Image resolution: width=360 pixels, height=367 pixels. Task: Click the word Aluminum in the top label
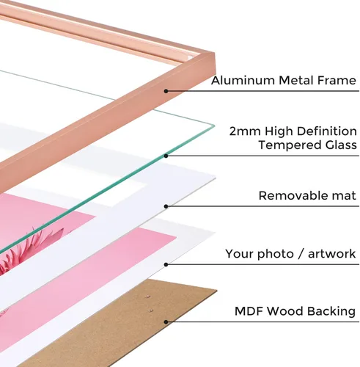click(243, 81)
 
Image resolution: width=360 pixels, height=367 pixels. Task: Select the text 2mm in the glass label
click(245, 131)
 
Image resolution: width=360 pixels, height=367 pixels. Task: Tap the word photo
click(276, 254)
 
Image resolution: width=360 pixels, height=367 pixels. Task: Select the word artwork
click(331, 254)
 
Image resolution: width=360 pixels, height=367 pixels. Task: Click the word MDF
click(249, 311)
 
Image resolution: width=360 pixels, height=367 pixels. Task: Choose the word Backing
click(331, 312)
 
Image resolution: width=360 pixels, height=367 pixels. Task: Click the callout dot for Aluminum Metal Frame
click(166, 91)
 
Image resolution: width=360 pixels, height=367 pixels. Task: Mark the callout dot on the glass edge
click(166, 156)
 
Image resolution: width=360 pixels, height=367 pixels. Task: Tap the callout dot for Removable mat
click(166, 206)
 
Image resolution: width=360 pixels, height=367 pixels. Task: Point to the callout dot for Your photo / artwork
click(166, 264)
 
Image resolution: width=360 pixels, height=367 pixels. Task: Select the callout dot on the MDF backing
click(166, 322)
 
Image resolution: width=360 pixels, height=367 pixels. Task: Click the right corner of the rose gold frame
click(215, 53)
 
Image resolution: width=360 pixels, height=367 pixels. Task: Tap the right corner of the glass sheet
click(215, 126)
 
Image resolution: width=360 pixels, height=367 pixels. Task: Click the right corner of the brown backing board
click(217, 291)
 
